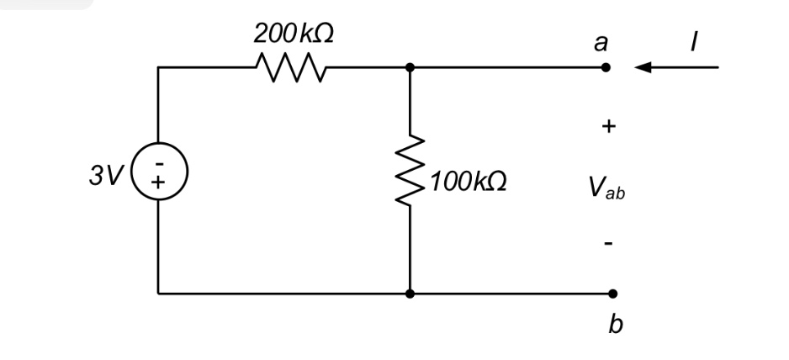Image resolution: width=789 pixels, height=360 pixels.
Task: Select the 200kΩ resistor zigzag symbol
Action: [x=291, y=67]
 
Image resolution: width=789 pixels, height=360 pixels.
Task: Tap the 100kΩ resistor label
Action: [x=468, y=183]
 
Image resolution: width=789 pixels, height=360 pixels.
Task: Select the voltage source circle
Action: [x=158, y=173]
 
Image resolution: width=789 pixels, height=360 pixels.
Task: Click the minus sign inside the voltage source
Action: [x=158, y=163]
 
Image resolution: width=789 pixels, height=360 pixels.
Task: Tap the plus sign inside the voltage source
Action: [x=158, y=182]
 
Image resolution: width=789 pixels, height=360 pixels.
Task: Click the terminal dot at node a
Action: [x=606, y=67]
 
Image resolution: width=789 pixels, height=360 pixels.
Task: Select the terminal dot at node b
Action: [x=612, y=294]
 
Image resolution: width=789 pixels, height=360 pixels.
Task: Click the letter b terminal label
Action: [x=615, y=324]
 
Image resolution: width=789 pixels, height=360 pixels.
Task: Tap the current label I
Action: [x=693, y=42]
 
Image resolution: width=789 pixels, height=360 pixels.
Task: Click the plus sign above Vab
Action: [x=609, y=127]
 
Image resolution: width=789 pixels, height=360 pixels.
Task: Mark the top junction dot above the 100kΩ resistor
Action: [x=410, y=67]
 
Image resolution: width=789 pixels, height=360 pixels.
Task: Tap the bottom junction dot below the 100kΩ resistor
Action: [x=410, y=294]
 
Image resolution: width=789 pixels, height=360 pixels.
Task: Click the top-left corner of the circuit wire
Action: [x=158, y=67]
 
